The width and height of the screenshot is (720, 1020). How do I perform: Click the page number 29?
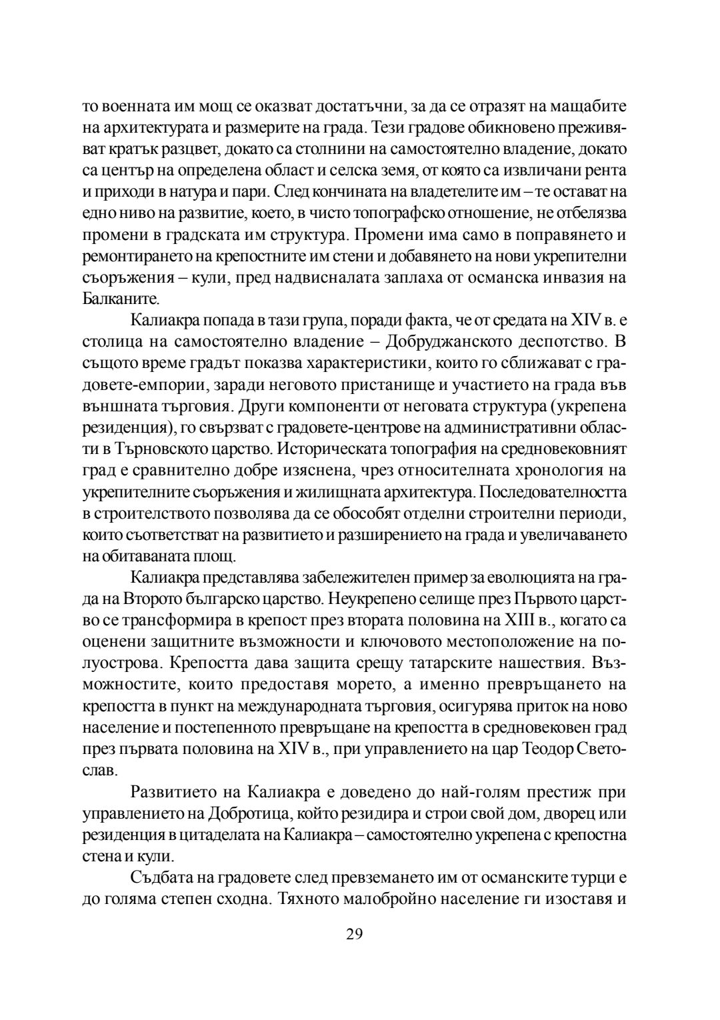pyautogui.click(x=354, y=933)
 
